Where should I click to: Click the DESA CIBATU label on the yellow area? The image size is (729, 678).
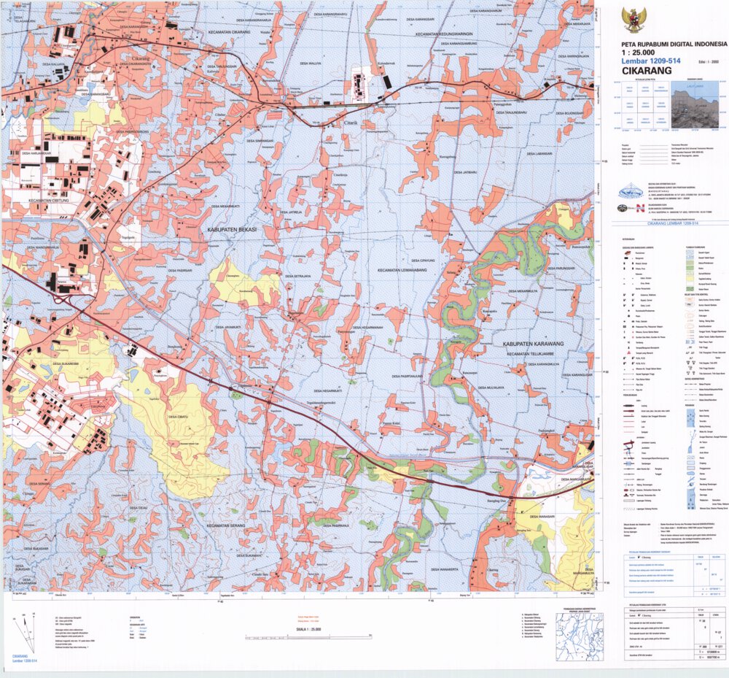(x=180, y=416)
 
